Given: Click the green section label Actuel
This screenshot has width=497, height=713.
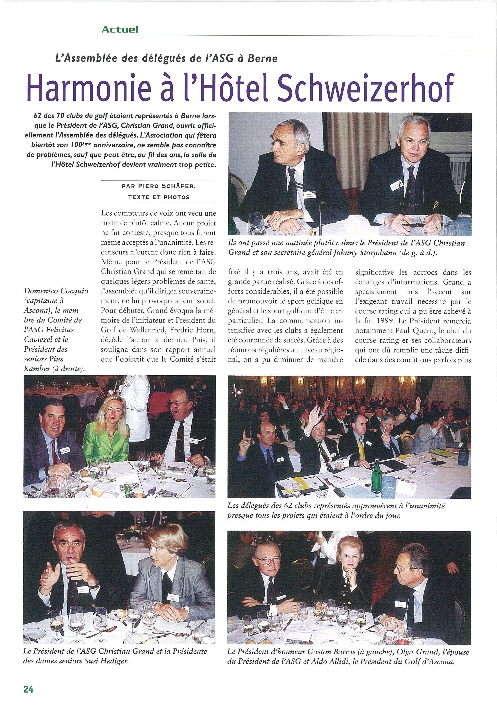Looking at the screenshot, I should pyautogui.click(x=120, y=30).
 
